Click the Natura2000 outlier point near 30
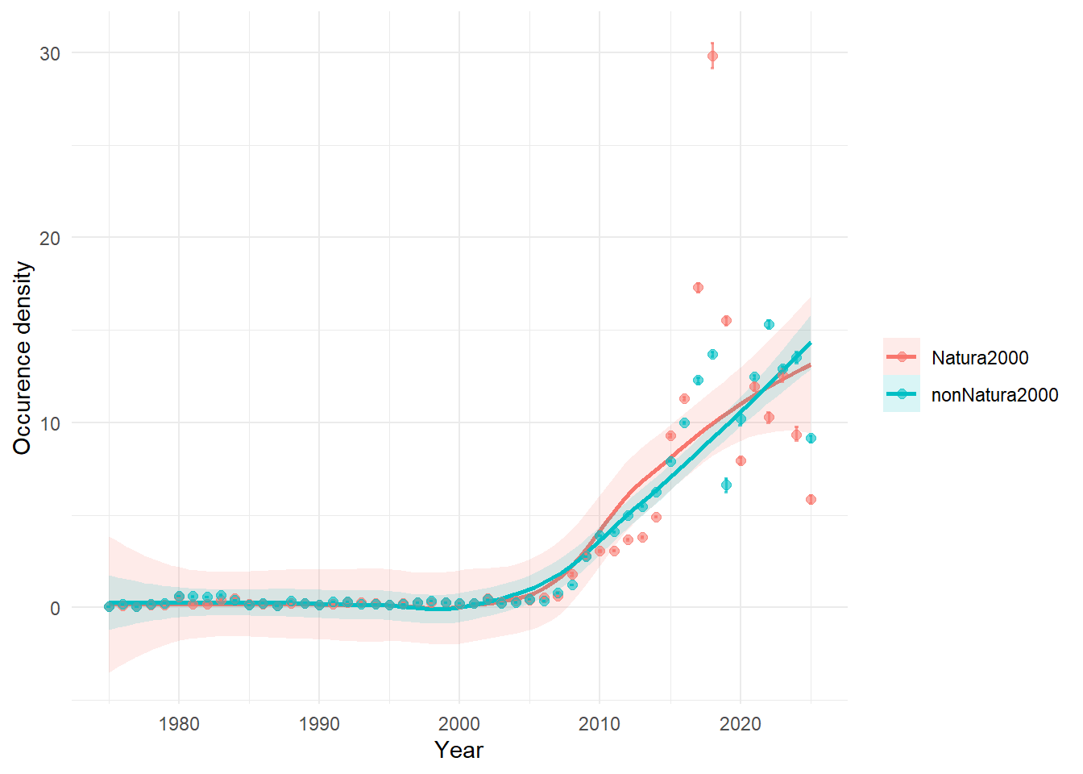point(712,56)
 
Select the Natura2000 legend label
point(979,358)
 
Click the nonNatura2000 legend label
point(994,394)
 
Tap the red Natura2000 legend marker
point(902,357)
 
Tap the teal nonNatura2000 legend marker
point(902,394)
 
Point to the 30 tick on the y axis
point(50,53)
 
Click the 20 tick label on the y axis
point(50,238)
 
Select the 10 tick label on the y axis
point(50,423)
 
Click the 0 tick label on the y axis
point(55,609)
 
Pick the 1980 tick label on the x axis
point(179,724)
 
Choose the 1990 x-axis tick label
point(319,724)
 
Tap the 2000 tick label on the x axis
point(459,724)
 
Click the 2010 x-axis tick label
point(600,724)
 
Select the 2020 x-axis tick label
point(740,724)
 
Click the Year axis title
point(459,750)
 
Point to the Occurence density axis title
point(23,358)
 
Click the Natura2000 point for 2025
point(811,500)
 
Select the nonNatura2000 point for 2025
point(811,439)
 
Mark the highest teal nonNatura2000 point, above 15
point(769,324)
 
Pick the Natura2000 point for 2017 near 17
point(698,288)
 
